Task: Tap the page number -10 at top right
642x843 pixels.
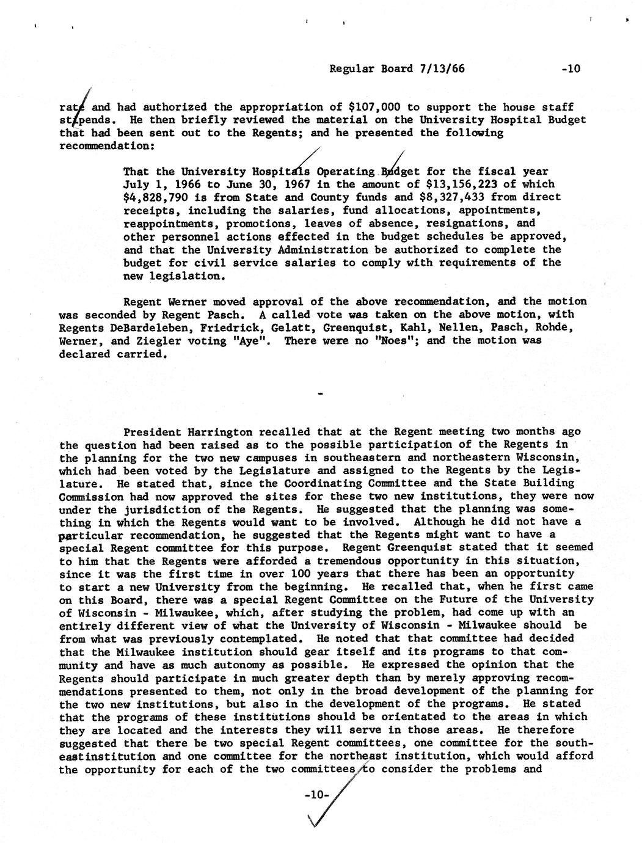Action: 570,68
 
